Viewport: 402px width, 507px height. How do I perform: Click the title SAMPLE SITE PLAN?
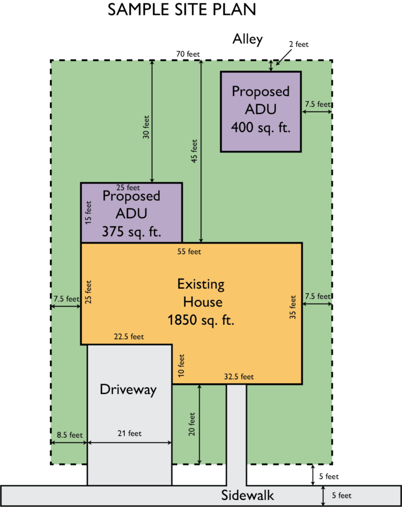[182, 9]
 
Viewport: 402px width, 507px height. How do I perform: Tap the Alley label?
[248, 39]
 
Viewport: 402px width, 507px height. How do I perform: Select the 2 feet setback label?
[299, 44]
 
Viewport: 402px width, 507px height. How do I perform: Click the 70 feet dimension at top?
[188, 54]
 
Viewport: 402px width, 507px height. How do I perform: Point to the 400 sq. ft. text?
[261, 127]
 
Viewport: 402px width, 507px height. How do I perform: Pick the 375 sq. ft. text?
[131, 232]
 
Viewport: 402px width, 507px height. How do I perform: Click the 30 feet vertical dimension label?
[146, 127]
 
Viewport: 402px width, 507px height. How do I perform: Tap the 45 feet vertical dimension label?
[194, 151]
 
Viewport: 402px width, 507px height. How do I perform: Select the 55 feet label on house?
[189, 252]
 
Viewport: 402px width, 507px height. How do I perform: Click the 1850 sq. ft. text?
[201, 320]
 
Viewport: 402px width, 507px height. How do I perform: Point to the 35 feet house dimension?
[293, 307]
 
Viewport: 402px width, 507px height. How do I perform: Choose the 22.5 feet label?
[129, 337]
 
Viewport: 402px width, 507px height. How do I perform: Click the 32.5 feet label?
[239, 377]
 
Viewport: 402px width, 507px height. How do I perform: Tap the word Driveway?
[128, 390]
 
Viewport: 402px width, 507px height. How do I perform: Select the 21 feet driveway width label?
[129, 433]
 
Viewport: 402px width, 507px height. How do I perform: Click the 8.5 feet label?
[69, 435]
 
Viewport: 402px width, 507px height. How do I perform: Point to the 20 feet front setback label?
[192, 424]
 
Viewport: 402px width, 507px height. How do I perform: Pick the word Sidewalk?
[248, 495]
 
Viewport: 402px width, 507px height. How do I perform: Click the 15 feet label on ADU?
[88, 212]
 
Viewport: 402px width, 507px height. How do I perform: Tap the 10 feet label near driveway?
[181, 365]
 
